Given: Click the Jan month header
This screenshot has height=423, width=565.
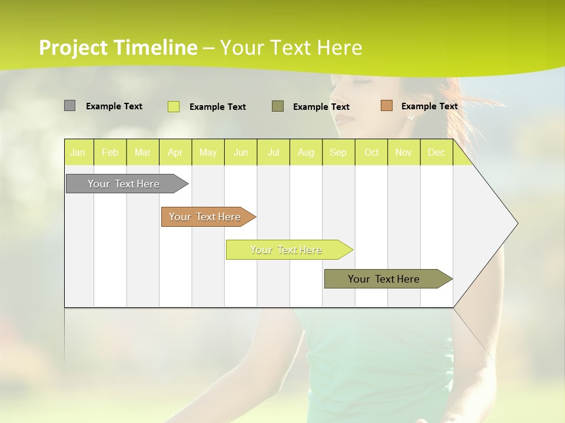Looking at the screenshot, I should (x=78, y=153).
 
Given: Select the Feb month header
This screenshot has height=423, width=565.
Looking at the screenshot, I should (x=110, y=153).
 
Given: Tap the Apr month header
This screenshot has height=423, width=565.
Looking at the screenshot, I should (x=175, y=153).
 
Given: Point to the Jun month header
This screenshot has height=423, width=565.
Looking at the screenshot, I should (x=241, y=153).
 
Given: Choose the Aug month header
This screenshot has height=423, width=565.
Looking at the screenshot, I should (x=305, y=153).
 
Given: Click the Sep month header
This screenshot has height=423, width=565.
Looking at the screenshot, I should (x=338, y=153).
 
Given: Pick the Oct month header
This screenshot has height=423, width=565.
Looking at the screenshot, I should (x=371, y=153).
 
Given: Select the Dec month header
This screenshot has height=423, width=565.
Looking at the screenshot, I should (x=436, y=153).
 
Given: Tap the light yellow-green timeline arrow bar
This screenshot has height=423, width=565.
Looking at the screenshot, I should (x=287, y=250).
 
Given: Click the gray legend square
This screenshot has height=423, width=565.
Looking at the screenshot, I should (x=69, y=106).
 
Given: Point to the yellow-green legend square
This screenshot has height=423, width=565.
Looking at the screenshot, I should (x=174, y=106).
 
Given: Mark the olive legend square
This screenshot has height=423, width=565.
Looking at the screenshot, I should (x=278, y=106).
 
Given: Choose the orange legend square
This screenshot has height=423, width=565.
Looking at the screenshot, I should (x=386, y=106).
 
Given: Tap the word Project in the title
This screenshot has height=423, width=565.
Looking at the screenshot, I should (x=73, y=48).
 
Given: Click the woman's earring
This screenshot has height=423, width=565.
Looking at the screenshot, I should (x=410, y=116).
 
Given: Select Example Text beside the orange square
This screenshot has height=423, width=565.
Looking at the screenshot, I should (x=429, y=106).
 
